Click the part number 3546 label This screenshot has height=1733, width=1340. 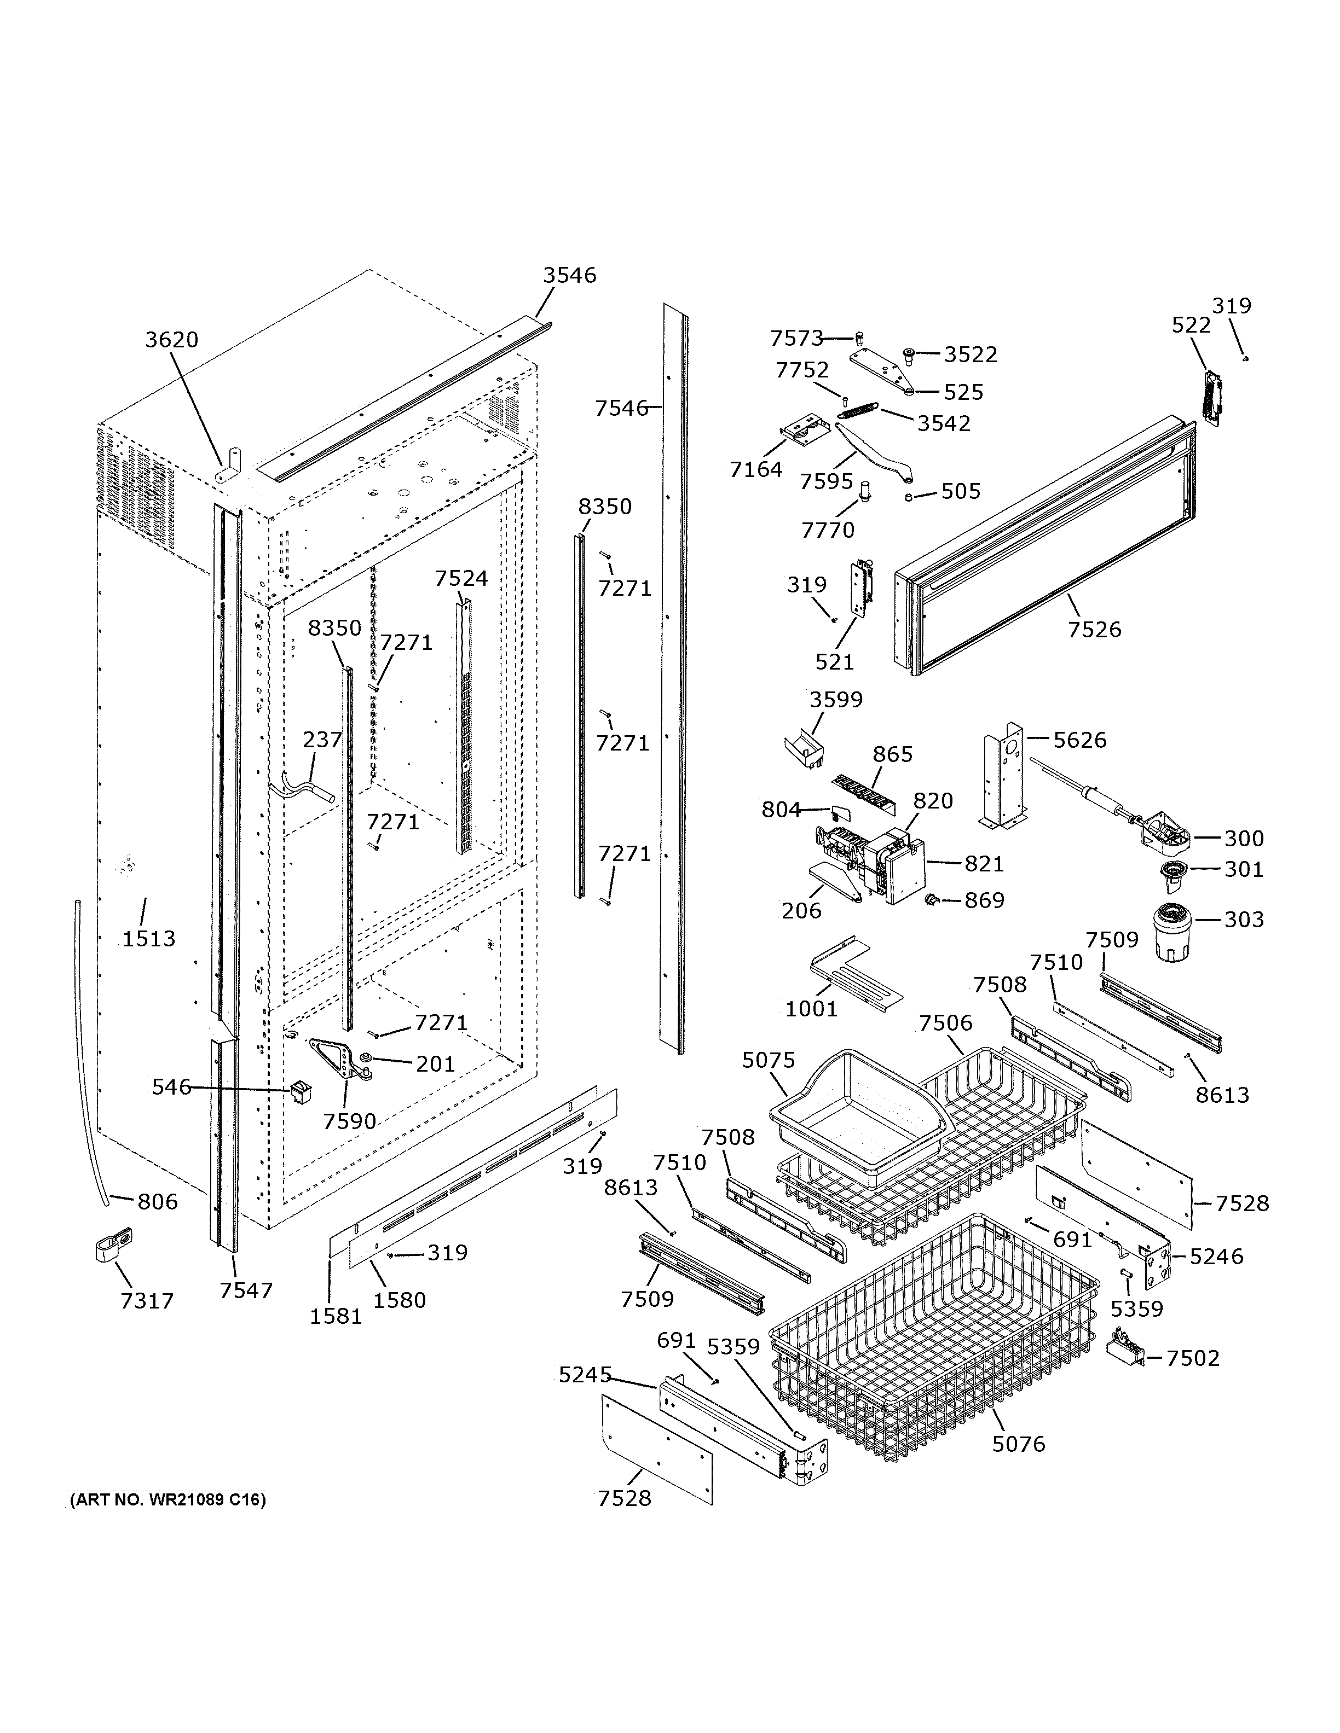coord(569,275)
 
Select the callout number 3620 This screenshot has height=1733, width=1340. coord(171,340)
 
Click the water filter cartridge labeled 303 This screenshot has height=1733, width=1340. coord(1169,932)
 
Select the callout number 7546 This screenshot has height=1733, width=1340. coord(622,408)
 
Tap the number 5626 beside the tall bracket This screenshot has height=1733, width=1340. coord(1079,740)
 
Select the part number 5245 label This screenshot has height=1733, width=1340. coord(585,1374)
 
